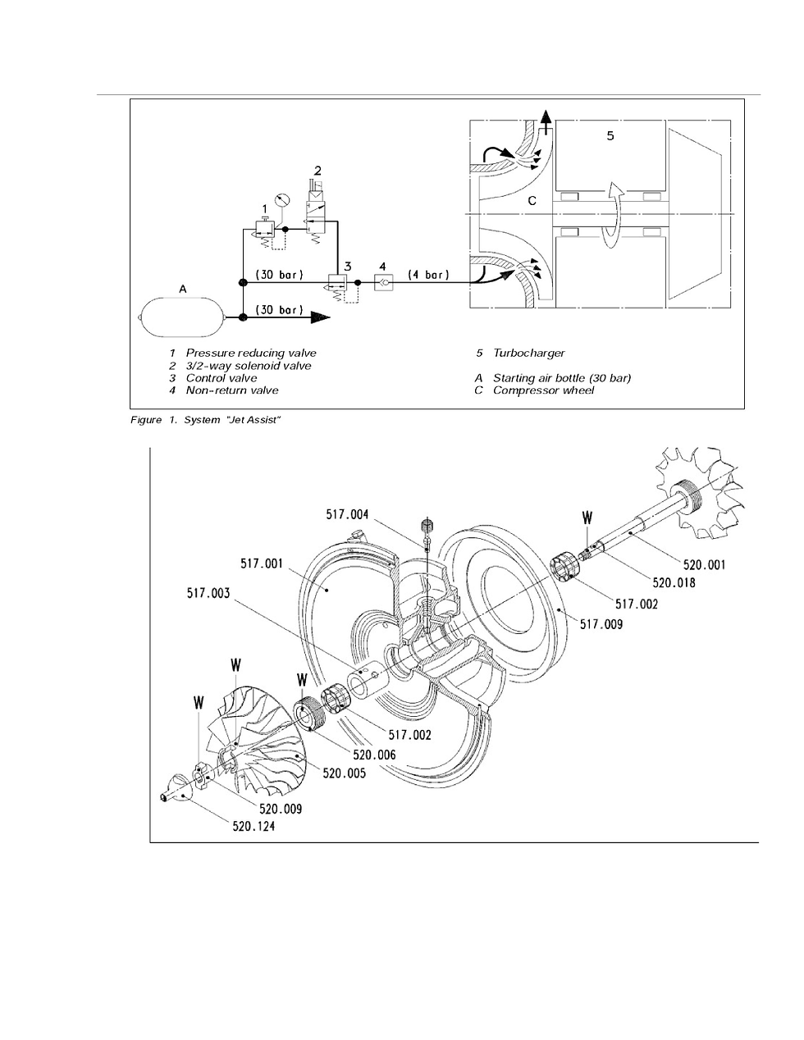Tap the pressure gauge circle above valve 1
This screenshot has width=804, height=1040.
(282, 200)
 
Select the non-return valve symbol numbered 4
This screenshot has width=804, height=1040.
(384, 282)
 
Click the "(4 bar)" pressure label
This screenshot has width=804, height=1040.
(429, 275)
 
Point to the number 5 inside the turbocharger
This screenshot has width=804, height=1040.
(610, 136)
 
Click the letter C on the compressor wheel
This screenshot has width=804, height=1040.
(532, 201)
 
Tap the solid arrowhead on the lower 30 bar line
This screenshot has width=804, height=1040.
(320, 317)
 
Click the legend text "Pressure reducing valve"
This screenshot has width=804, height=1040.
(251, 354)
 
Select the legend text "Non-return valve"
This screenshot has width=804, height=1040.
(232, 390)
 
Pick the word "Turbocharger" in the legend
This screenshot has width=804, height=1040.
(529, 354)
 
